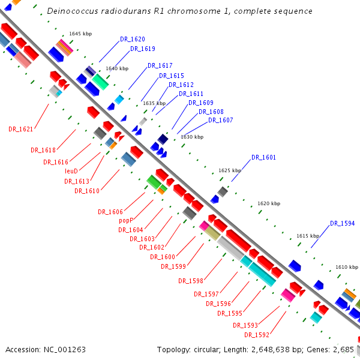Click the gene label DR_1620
coord(132,39)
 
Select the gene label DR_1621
coord(20,129)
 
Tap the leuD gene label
coord(71,171)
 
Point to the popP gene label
coord(125,220)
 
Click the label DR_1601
coord(263,157)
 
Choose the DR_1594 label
coord(342,224)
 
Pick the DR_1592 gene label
coord(256,335)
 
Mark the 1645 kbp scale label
coord(80,34)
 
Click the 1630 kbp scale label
coord(192,137)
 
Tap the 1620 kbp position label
coord(269,204)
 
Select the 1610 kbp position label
coord(347,267)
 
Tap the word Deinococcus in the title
coord(71,11)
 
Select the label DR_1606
coord(110,212)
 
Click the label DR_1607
coord(220,121)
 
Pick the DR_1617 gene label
coord(160,66)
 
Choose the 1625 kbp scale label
coord(230,170)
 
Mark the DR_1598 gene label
coord(191,281)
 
